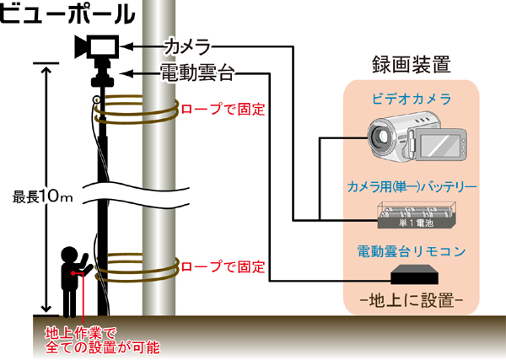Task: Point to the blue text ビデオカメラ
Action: pyautogui.click(x=411, y=99)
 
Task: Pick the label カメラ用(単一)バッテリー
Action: pyautogui.click(x=412, y=185)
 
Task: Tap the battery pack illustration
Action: pyautogui.click(x=412, y=217)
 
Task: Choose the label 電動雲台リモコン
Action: pyautogui.click(x=412, y=250)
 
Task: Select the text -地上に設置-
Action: pyautogui.click(x=412, y=300)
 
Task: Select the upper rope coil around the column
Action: pyautogui.click(x=135, y=111)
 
